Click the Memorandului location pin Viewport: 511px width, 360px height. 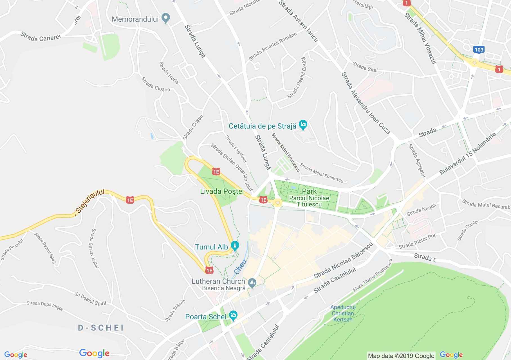(166, 18)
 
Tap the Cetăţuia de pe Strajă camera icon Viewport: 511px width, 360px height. (303, 125)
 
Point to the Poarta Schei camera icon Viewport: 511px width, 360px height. (233, 316)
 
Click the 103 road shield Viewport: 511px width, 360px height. (479, 50)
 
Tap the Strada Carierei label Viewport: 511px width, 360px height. (41, 37)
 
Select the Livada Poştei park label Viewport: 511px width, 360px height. (222, 191)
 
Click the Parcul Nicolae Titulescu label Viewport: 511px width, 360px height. (309, 201)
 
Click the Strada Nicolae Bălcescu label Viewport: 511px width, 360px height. (343, 260)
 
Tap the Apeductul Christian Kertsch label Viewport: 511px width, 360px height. (342, 313)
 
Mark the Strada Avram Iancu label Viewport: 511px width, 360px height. (299, 21)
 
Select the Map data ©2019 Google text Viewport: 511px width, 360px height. (401, 356)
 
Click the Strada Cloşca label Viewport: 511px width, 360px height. (156, 84)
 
